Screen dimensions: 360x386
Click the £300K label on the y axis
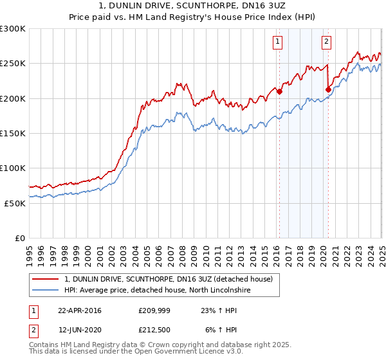click(x=12, y=29)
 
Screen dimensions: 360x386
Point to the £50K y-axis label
click(x=14, y=203)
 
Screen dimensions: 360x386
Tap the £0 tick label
click(x=19, y=238)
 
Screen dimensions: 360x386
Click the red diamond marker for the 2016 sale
click(x=280, y=92)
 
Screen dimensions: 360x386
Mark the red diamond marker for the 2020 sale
click(x=329, y=90)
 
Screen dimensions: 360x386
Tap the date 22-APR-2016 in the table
click(x=80, y=310)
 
